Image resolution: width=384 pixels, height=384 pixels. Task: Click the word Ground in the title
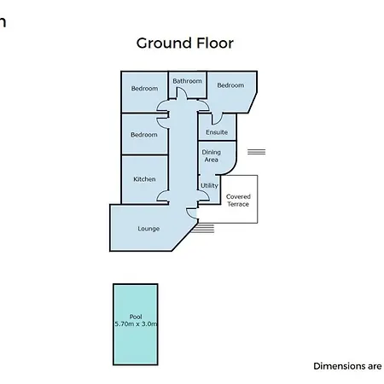click(x=164, y=44)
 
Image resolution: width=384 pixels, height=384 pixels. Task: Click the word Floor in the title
click(x=215, y=43)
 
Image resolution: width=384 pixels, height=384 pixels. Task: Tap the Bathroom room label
click(x=187, y=81)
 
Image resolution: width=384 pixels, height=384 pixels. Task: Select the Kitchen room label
click(x=144, y=179)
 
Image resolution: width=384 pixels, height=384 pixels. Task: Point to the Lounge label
click(x=148, y=229)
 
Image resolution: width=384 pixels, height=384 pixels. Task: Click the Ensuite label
click(x=217, y=132)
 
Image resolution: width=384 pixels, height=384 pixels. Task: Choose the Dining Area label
click(x=212, y=156)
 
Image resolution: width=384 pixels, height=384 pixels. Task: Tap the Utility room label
click(x=209, y=186)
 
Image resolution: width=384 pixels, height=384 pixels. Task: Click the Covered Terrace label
click(x=238, y=201)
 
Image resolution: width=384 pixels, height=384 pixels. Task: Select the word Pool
click(x=136, y=317)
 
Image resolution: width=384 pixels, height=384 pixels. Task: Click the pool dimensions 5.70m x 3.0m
click(x=136, y=323)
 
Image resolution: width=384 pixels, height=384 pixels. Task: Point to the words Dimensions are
click(x=347, y=366)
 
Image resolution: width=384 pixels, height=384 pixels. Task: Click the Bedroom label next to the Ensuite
click(x=230, y=85)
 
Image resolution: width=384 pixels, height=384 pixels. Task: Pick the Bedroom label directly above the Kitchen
click(x=144, y=135)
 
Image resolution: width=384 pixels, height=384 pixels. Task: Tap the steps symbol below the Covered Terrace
click(x=202, y=229)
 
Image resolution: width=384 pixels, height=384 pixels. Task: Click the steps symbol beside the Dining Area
click(x=256, y=152)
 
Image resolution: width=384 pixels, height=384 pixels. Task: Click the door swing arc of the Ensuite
click(x=218, y=121)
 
